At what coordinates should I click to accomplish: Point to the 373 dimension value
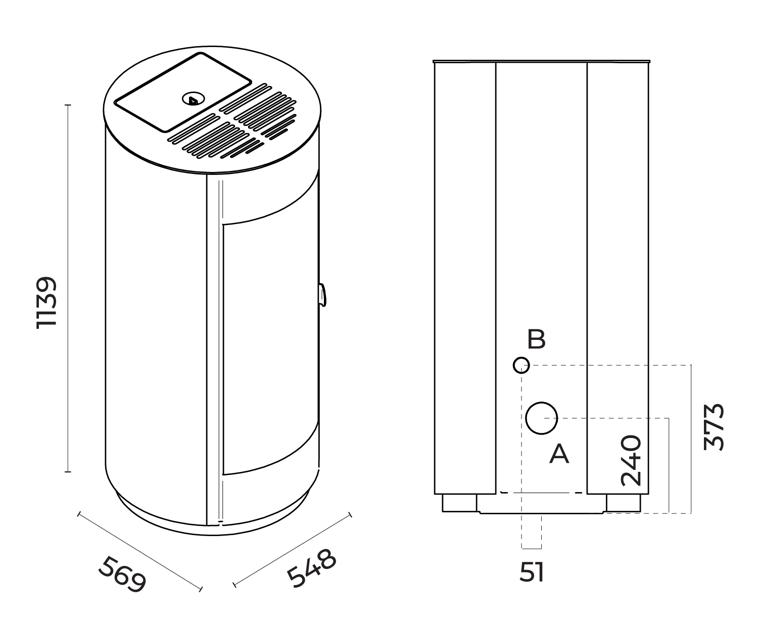click(x=715, y=426)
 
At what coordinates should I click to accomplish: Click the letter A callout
click(x=559, y=454)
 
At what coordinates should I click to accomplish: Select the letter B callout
click(x=536, y=339)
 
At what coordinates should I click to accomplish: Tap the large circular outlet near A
click(x=541, y=418)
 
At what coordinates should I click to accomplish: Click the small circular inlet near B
click(x=521, y=365)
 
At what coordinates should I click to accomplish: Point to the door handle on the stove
click(x=322, y=295)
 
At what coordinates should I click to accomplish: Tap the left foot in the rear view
click(x=459, y=503)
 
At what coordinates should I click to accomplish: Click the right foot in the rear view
click(x=623, y=503)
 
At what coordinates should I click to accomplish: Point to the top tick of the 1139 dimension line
click(x=68, y=105)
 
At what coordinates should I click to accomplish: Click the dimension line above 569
click(x=139, y=552)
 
